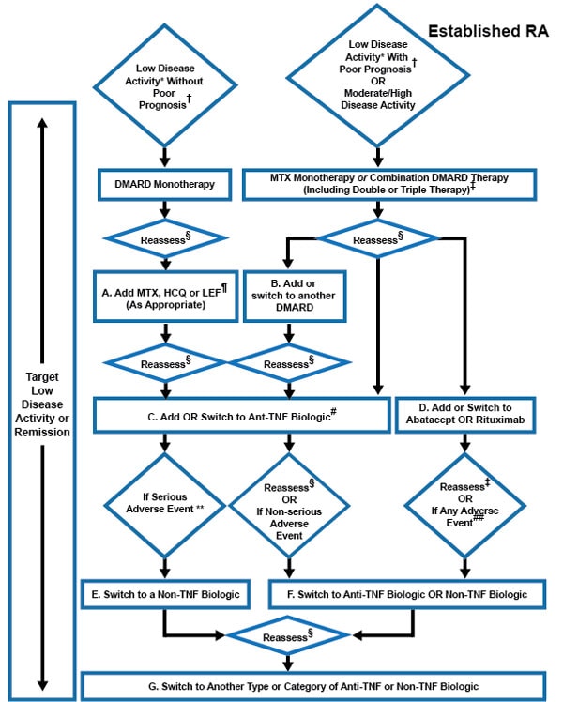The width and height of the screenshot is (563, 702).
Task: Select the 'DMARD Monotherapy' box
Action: click(165, 184)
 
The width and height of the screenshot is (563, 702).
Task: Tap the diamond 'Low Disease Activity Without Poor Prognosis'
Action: click(165, 84)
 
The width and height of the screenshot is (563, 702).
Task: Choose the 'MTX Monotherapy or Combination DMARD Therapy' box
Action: click(382, 184)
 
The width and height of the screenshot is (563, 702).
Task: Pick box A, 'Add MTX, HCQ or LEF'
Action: click(165, 298)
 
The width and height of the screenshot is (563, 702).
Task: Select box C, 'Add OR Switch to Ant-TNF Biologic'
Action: click(240, 413)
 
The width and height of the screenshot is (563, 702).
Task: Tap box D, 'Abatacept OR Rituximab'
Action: click(466, 413)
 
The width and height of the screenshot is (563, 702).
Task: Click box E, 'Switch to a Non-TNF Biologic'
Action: click(165, 592)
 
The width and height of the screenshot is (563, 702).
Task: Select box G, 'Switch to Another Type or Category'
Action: click(315, 686)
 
